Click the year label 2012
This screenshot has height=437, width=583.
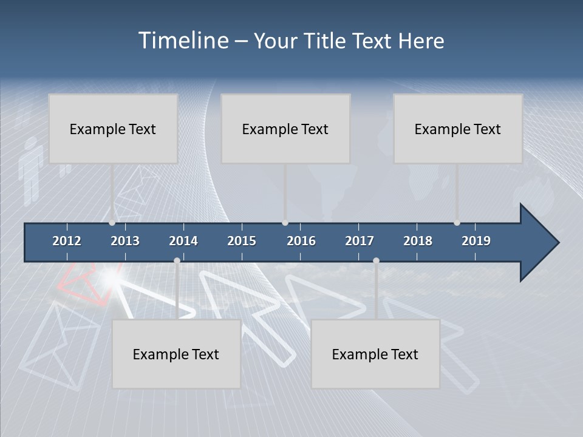coord(67,241)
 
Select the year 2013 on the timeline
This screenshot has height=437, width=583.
coord(125,241)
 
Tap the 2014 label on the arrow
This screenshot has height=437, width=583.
coord(183,241)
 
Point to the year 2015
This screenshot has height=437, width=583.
coord(242,241)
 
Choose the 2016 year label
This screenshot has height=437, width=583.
coord(301,241)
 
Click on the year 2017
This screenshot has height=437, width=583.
coord(360,241)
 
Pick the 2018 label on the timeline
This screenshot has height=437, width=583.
coord(418,241)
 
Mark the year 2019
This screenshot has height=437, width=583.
coord(476,241)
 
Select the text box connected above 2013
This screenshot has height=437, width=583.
coord(113,129)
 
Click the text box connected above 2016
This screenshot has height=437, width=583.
coord(285,129)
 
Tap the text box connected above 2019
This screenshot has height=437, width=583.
coord(458,129)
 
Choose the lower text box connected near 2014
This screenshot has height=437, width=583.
coord(176,354)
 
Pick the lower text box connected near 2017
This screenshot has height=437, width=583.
coord(375,354)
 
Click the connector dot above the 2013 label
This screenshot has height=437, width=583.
coord(112,223)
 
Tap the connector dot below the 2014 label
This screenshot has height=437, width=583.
coord(177,261)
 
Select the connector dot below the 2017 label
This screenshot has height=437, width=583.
coord(376,261)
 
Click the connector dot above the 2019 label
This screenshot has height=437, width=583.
coord(457,223)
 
